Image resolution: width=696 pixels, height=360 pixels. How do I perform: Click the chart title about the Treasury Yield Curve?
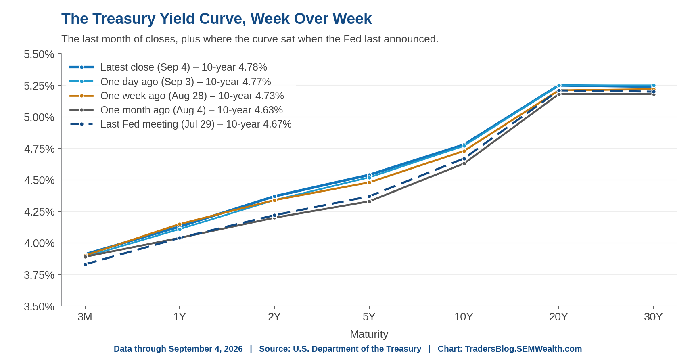point(216,19)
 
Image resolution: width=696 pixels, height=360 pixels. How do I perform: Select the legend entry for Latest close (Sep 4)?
point(168,67)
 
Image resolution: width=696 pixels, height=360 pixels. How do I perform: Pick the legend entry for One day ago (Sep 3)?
point(170,82)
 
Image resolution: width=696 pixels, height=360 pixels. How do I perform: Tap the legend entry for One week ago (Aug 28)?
point(176,96)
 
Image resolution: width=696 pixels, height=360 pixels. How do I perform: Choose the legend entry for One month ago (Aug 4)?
point(176,110)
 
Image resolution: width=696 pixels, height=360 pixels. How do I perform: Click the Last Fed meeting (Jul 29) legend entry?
point(180,124)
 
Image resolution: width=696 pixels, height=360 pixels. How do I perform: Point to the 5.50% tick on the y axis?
point(39,54)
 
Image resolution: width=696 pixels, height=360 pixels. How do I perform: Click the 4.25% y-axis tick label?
point(39,211)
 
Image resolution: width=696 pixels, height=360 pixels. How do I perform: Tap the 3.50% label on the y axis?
point(39,306)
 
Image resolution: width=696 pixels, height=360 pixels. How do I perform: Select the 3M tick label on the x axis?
point(85,317)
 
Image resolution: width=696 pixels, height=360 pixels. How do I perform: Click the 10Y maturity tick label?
point(464,317)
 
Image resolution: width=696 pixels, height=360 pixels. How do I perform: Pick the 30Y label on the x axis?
point(653,317)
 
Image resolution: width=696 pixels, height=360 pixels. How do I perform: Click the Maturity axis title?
point(369,334)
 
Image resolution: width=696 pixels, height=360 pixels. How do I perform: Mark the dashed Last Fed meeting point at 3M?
point(85,264)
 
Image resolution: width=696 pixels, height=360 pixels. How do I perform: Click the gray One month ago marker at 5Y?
point(369,201)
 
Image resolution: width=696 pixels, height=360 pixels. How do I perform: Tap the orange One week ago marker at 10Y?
point(464,151)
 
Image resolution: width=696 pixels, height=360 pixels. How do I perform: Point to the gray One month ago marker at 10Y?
point(464,163)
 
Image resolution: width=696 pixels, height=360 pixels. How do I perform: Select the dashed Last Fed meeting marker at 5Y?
point(369,197)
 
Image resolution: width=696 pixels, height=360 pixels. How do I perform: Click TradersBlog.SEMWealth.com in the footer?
point(523,349)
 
